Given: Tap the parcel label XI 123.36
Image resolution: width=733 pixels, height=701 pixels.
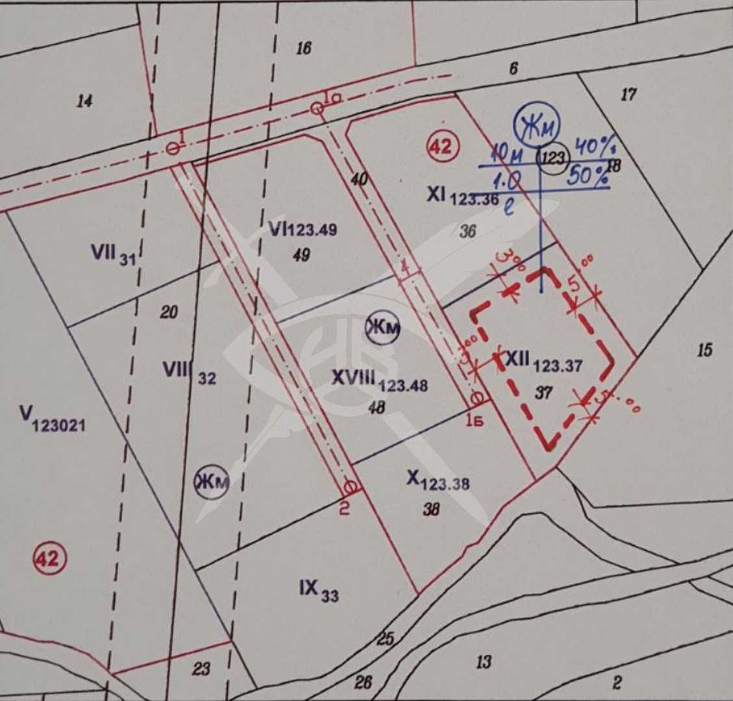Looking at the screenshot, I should pyautogui.click(x=462, y=195).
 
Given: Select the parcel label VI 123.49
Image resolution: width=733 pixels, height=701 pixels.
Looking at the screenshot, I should pyautogui.click(x=303, y=229).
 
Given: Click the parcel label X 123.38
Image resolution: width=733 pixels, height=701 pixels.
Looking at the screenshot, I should pyautogui.click(x=438, y=480).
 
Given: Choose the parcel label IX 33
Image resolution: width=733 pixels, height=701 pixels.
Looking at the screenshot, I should pyautogui.click(x=319, y=590).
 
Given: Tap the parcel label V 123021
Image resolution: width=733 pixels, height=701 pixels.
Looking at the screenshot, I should pyautogui.click(x=53, y=419).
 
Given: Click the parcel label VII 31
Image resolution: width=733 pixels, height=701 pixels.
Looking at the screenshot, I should pyautogui.click(x=114, y=254).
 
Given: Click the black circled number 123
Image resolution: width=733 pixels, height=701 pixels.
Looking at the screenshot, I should pyautogui.click(x=553, y=158).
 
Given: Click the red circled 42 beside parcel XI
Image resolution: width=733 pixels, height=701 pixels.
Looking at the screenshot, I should pyautogui.click(x=442, y=147).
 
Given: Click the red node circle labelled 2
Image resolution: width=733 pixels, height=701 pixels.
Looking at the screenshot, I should pyautogui.click(x=350, y=486).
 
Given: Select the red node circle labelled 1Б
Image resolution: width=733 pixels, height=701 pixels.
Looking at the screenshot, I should pyautogui.click(x=477, y=397).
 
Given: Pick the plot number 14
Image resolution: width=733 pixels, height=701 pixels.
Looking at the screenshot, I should pyautogui.click(x=84, y=101).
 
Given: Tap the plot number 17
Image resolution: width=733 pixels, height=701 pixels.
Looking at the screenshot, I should pyautogui.click(x=628, y=95).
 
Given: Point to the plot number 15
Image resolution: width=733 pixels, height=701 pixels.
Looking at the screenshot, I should pyautogui.click(x=704, y=350).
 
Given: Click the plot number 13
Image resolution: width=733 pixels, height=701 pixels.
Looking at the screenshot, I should pyautogui.click(x=483, y=662).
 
